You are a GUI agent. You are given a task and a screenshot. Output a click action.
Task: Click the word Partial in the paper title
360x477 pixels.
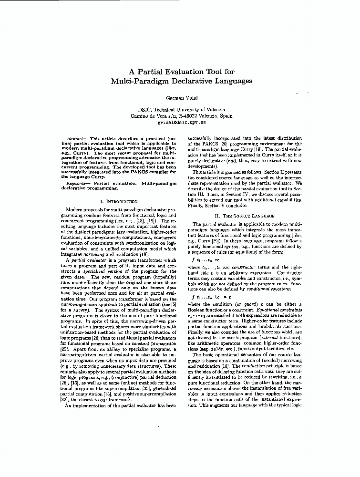147,73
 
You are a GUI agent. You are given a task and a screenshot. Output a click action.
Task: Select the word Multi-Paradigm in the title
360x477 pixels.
141,81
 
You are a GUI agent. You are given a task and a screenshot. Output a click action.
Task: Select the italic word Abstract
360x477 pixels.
76,138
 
